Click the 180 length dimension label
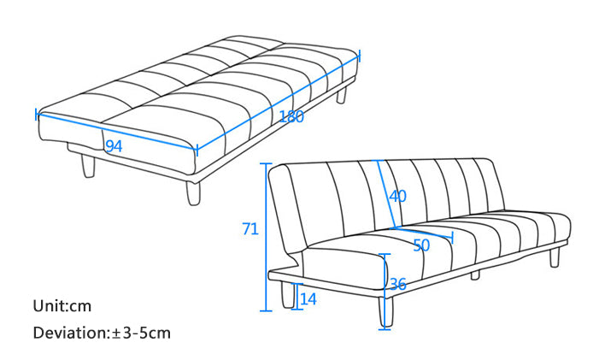291,116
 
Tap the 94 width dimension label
114,146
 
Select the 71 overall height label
250,229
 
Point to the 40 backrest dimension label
397,196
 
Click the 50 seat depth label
421,245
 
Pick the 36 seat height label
398,285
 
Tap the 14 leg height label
308,298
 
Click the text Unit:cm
62,306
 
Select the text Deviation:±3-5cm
102,333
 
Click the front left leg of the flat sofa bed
88,166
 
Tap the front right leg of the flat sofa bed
193,193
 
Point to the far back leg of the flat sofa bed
341,95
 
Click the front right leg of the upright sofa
386,312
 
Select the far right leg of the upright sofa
555,257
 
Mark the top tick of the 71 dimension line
267,163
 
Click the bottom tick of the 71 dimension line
267,310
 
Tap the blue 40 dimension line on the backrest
386,194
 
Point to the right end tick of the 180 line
360,56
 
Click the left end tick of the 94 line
37,114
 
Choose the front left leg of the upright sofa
288,295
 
